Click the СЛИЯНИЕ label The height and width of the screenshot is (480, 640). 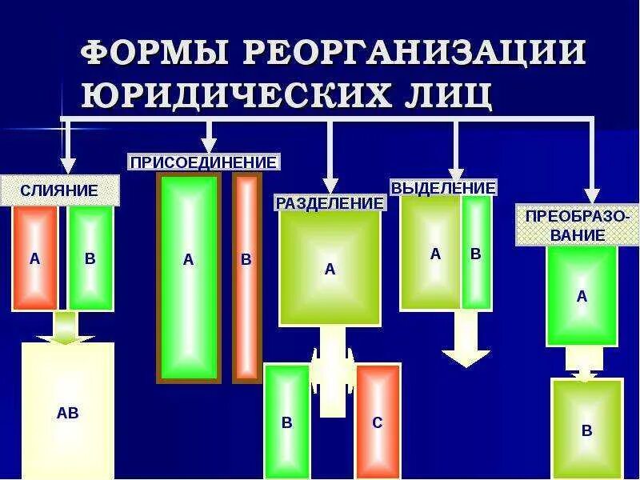point(59,190)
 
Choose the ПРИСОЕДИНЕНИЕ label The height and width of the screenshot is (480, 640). point(204,162)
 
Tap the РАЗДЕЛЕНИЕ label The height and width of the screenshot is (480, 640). point(330,203)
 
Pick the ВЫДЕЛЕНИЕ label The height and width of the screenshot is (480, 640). point(443,188)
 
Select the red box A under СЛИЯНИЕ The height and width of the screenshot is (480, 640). point(34,258)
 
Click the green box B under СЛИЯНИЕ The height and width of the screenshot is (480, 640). point(90,258)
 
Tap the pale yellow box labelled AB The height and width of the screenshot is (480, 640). point(68,412)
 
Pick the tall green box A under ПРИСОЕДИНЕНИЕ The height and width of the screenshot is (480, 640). point(189,276)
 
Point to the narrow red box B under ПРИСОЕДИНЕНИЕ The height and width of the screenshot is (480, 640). point(246,276)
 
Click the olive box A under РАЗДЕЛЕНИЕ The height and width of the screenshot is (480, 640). point(330,268)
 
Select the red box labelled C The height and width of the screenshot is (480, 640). point(378,422)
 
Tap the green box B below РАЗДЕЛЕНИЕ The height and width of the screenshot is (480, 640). point(286,422)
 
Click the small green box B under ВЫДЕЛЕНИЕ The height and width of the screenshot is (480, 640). point(476,253)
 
